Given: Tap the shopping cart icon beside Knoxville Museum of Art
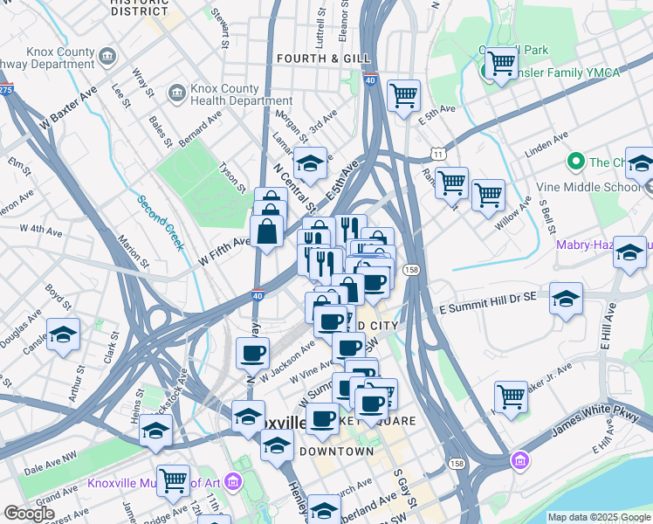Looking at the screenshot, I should [174, 479].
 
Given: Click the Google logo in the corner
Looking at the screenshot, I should [29, 514].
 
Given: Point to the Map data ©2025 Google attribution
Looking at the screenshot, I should [599, 517].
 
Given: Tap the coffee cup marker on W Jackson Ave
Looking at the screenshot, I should [253, 354].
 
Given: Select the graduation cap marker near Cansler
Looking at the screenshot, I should [63, 335].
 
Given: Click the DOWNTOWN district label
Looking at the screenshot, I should [336, 452].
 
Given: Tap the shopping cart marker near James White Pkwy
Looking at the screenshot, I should [511, 397].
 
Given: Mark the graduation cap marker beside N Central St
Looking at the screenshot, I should [309, 162].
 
